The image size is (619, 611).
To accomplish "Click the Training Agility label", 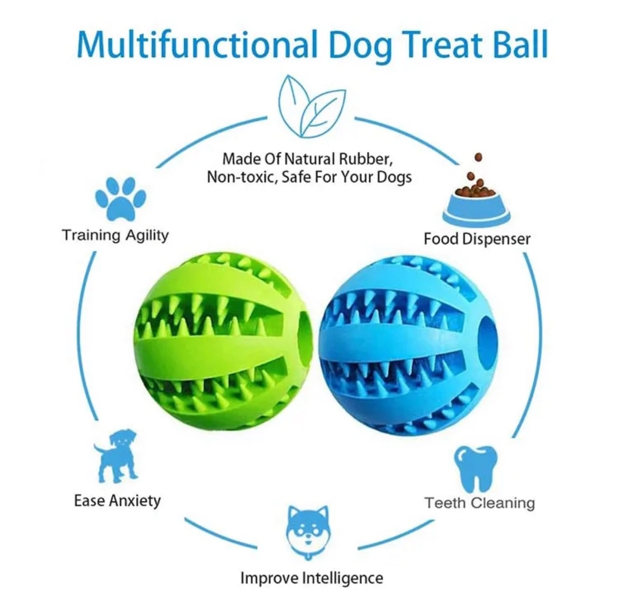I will coord(115,235).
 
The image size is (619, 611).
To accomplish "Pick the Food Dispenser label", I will coord(477,239).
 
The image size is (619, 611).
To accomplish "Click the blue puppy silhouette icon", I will coord(116,455).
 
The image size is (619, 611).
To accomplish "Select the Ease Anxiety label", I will coord(117,500).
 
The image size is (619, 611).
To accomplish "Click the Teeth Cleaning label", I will coord(479,503).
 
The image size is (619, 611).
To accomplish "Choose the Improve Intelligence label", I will coord(312,578).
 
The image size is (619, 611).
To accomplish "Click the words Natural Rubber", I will coord(339,159).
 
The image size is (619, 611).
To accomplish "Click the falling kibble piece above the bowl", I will coord(478,158).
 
